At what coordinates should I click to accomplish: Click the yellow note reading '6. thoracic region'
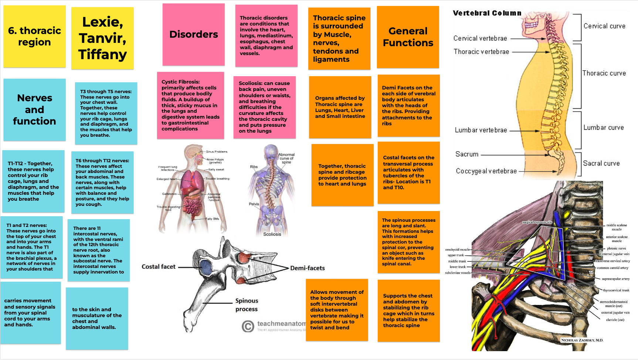[x=34, y=36]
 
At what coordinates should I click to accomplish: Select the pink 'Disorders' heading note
[x=193, y=34]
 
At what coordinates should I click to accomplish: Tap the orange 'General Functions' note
[x=408, y=37]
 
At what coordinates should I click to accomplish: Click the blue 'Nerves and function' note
[x=34, y=109]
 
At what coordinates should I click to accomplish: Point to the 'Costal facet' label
[x=159, y=266]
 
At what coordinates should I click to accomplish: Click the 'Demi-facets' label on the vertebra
[x=307, y=268]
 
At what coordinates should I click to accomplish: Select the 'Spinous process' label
[x=247, y=305]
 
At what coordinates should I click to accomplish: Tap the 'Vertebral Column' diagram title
[x=487, y=13]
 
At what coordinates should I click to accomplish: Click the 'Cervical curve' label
[x=604, y=26]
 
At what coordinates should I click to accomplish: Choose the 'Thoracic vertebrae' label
[x=481, y=52]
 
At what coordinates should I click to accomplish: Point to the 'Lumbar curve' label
[x=603, y=128]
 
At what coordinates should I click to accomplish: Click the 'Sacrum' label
[x=466, y=154]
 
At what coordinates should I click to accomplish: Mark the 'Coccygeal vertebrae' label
[x=486, y=171]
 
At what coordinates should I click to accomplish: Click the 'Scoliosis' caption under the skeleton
[x=272, y=234]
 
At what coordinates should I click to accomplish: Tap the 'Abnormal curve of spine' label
[x=286, y=158]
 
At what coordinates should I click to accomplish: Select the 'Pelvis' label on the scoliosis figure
[x=254, y=204]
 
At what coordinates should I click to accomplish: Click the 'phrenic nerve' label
[x=616, y=248]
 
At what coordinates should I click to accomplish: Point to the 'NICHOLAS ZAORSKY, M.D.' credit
[x=582, y=340]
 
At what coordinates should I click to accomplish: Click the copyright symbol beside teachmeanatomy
[x=248, y=326]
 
